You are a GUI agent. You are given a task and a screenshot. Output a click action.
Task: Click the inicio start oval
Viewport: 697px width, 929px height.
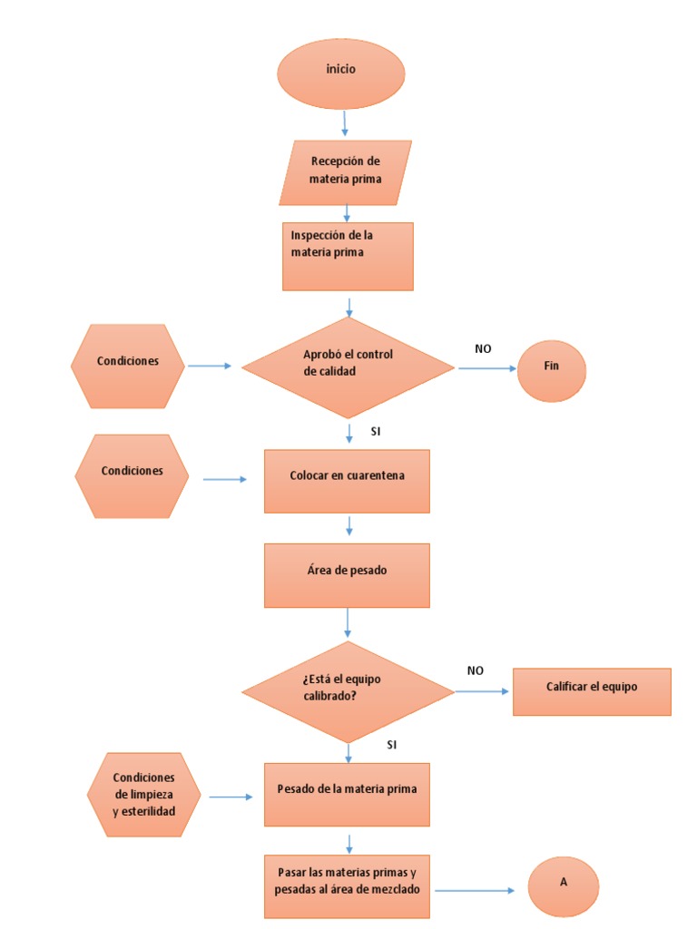click(341, 74)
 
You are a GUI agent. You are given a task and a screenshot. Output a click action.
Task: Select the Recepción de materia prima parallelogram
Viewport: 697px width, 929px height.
click(346, 173)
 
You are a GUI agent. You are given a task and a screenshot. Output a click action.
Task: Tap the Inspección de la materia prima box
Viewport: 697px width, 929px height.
click(348, 257)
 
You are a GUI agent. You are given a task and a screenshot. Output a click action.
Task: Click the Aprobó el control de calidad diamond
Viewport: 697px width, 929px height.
click(348, 368)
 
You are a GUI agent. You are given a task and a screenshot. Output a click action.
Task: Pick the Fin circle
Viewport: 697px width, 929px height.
click(552, 371)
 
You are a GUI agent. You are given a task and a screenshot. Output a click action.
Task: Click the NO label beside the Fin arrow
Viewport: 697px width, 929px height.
click(483, 349)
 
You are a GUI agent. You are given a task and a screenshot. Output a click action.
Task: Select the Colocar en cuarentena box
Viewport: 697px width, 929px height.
click(347, 481)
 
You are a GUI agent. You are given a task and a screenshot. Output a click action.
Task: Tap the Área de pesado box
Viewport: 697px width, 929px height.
click(347, 575)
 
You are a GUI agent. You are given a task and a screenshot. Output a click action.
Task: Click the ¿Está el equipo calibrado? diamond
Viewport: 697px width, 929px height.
click(348, 692)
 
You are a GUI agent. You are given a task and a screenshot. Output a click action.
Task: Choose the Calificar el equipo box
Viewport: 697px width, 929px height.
click(592, 692)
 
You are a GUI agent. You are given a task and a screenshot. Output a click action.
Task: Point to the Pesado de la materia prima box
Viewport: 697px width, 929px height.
click(347, 795)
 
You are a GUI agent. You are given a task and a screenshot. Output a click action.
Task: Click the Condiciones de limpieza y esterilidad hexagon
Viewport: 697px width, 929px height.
click(144, 795)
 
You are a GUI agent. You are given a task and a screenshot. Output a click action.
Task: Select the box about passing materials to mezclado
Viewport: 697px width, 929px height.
click(347, 886)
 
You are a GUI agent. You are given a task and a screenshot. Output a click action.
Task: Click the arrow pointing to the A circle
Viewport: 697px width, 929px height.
click(475, 890)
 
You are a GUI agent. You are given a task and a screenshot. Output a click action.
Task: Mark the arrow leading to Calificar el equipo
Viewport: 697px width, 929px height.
click(482, 691)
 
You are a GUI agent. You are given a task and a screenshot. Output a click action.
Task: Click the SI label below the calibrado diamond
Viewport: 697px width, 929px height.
click(392, 745)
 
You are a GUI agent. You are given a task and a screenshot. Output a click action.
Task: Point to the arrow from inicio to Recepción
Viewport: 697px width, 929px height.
click(344, 123)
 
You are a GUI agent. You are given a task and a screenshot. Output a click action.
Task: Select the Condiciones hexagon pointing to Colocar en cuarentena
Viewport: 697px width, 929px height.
click(132, 476)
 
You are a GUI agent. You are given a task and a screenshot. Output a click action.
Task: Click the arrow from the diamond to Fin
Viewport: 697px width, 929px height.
click(487, 368)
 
